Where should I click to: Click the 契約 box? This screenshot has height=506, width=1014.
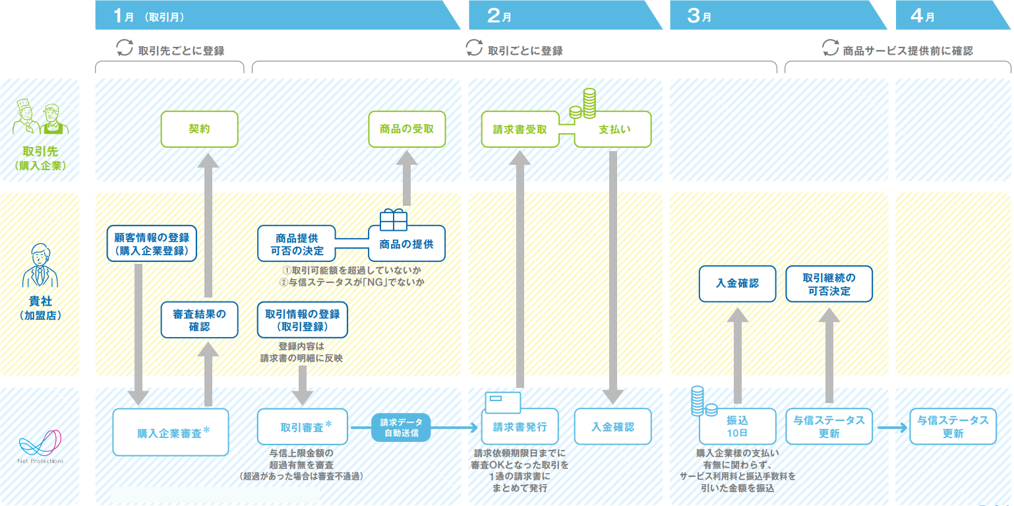point(199,129)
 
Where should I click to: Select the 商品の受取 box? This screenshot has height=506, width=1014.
point(407,129)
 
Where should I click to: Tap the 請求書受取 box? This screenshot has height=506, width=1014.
point(520,129)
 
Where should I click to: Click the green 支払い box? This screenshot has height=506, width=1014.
point(613,129)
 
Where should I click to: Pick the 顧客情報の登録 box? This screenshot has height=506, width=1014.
point(152,243)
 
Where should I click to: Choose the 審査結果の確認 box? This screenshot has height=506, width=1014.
point(199,320)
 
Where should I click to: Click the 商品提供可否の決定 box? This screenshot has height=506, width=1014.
point(297,243)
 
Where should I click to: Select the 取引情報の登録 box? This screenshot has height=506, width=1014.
point(303,320)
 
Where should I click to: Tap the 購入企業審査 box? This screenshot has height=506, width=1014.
point(171,432)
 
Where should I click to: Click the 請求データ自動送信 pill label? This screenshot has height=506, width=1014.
point(401,427)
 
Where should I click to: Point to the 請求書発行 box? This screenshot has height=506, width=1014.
point(520,427)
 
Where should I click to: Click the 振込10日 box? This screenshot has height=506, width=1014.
point(737,427)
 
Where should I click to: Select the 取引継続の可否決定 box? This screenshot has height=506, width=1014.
point(829,284)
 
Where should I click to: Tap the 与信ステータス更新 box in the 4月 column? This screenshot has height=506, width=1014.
point(953,427)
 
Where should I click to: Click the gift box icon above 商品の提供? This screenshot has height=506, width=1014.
point(394,220)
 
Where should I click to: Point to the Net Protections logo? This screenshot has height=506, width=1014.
point(40,446)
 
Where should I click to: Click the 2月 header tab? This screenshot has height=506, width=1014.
point(565,15)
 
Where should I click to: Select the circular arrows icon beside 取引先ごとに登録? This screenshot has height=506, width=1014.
point(125,47)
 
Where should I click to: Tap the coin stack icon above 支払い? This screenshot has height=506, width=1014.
point(583,104)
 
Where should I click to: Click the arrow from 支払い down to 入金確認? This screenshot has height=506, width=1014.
point(613,277)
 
